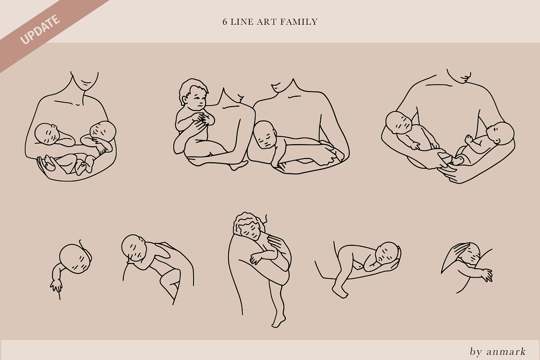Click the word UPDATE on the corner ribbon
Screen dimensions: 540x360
(x=40, y=29)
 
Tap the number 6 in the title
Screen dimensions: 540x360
(x=225, y=22)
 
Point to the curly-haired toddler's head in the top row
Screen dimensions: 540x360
(x=193, y=94)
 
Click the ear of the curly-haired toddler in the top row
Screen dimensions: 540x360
(x=185, y=100)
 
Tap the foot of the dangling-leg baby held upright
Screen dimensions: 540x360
(x=279, y=321)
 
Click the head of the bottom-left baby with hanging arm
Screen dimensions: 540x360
(x=75, y=258)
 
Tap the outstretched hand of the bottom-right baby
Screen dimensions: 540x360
(x=486, y=275)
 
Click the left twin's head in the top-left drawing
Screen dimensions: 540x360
(x=47, y=134)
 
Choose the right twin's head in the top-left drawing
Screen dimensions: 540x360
(x=103, y=132)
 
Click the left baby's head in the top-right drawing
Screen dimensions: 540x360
(x=399, y=122)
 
